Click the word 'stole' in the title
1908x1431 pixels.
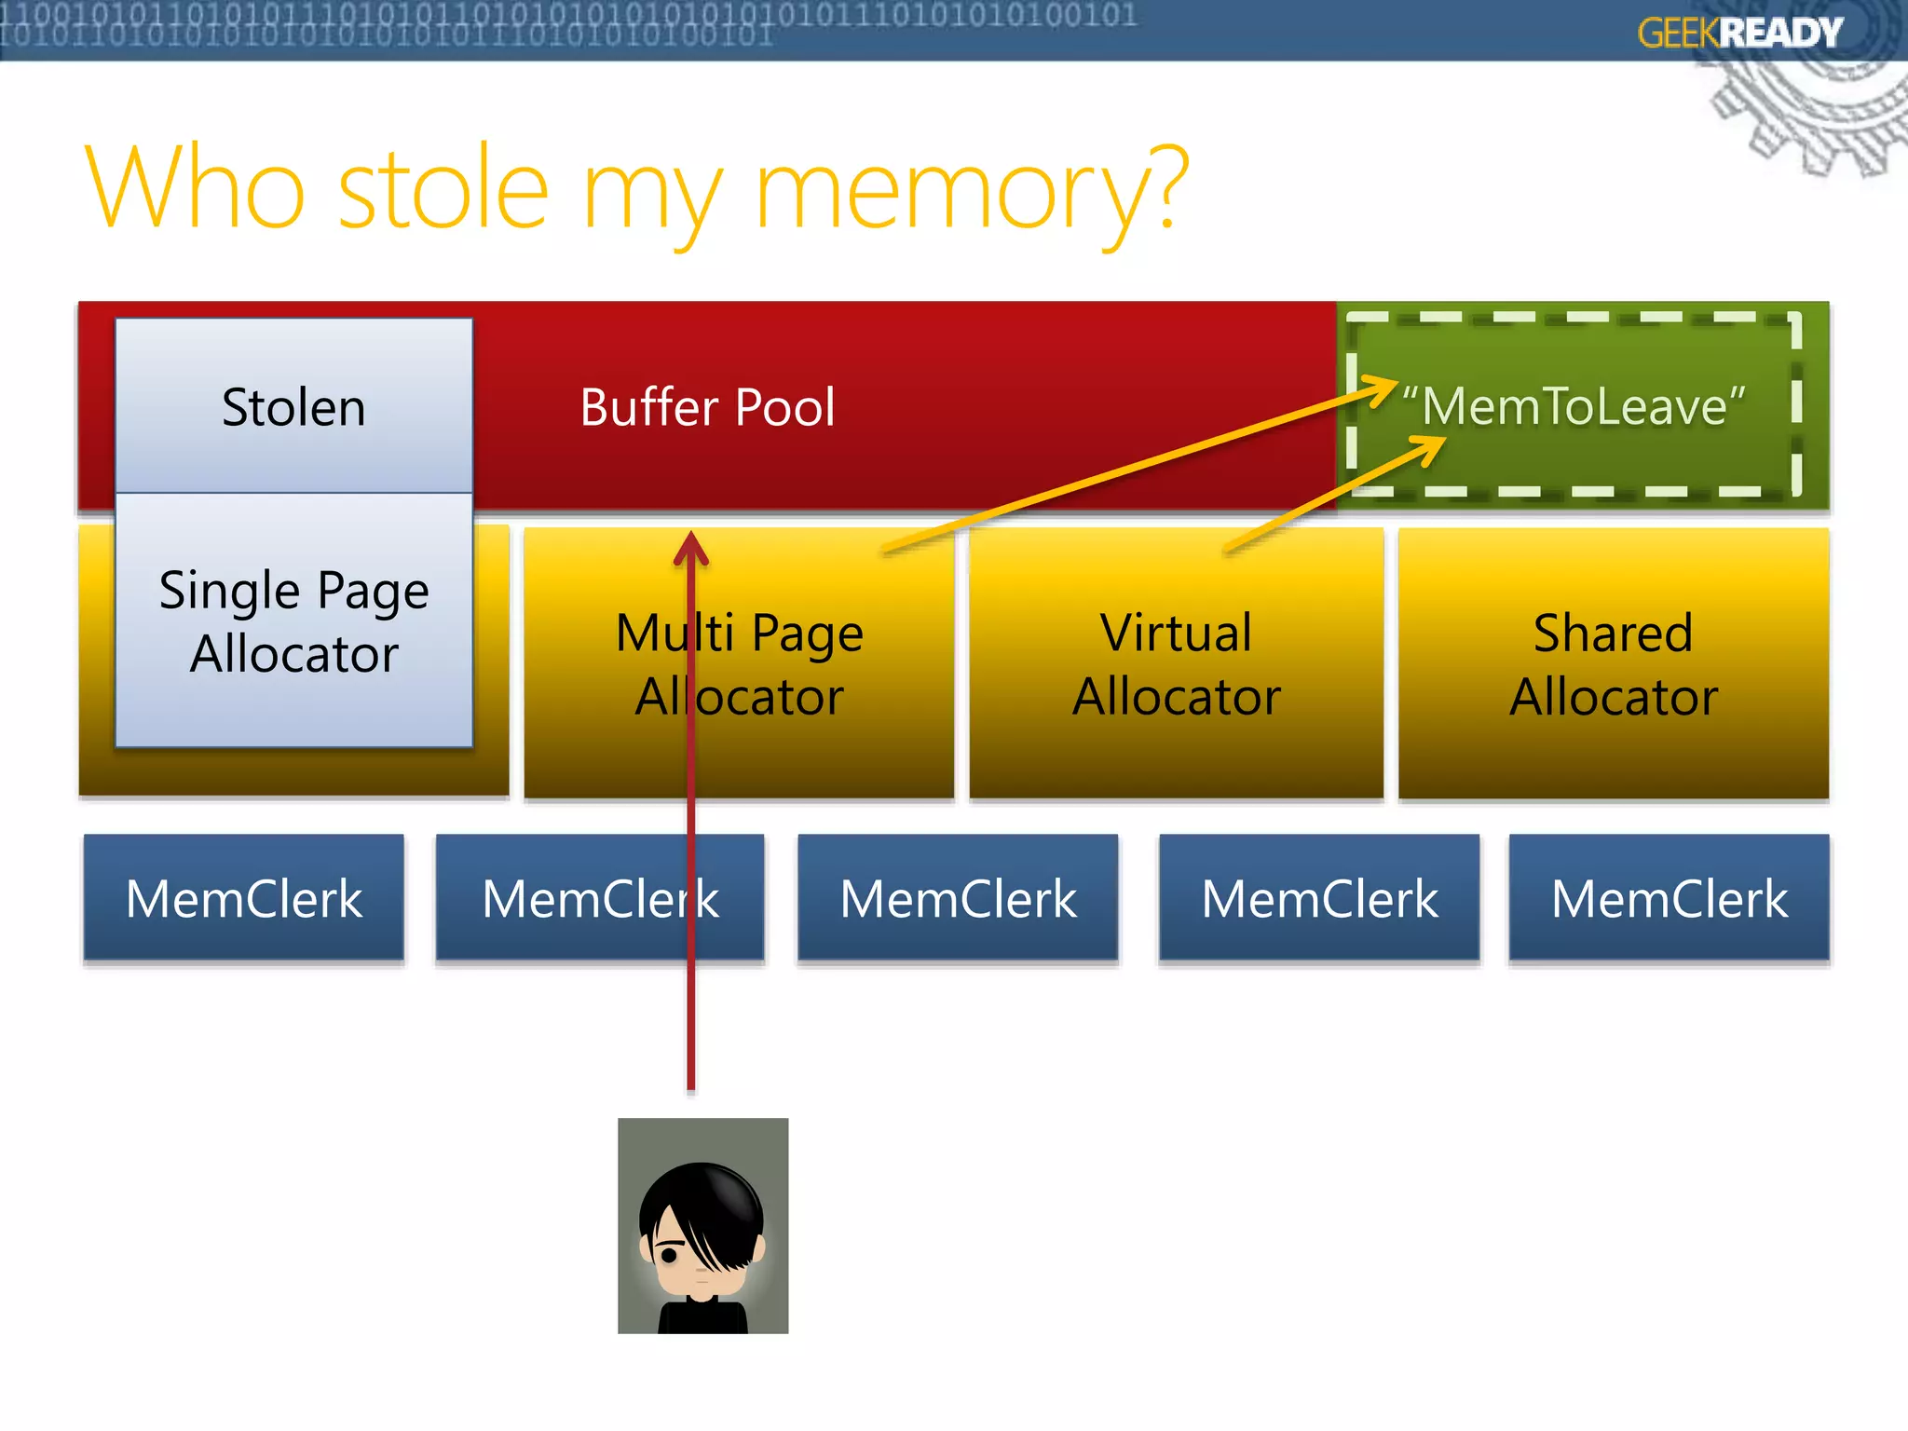point(443,189)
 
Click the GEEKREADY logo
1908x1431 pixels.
point(1739,34)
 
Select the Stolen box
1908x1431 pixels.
point(293,407)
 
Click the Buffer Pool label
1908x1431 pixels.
point(707,407)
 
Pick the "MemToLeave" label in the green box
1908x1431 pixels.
point(1574,406)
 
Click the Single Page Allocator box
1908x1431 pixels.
point(293,620)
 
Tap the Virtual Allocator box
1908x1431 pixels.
point(1176,663)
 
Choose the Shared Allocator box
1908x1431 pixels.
point(1613,663)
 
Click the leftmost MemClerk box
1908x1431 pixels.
point(243,898)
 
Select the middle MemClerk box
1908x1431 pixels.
point(958,898)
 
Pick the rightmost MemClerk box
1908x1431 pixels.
point(1669,898)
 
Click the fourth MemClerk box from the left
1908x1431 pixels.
point(1319,898)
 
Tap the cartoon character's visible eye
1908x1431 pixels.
point(669,1254)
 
